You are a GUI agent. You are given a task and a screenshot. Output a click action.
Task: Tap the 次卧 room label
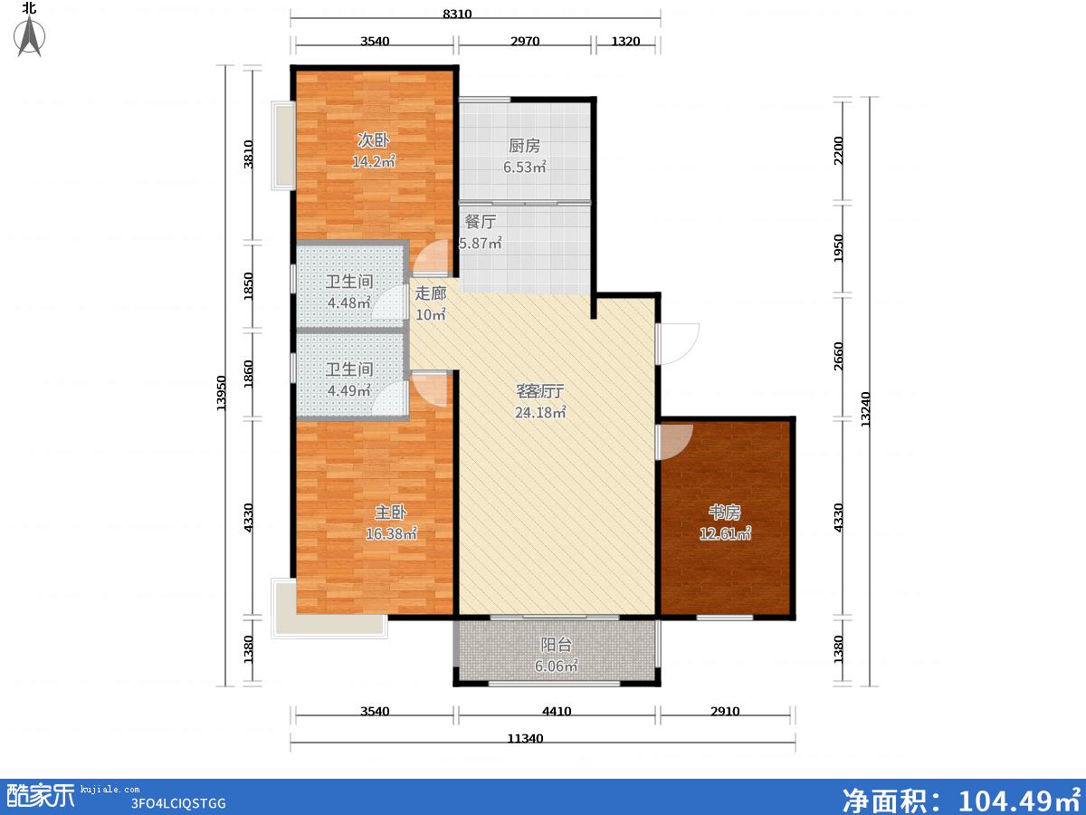point(374,140)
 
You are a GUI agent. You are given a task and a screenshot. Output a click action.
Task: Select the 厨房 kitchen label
point(524,146)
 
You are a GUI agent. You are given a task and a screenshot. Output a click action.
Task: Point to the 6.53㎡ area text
point(524,167)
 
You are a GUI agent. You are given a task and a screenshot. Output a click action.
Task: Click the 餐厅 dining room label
point(480,221)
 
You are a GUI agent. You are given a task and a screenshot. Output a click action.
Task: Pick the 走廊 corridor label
point(431,293)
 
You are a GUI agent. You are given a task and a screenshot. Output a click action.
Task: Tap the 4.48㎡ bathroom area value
point(349,302)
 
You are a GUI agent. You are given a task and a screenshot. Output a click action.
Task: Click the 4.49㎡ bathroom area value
point(349,390)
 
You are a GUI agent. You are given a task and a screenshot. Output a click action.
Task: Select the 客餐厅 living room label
point(540,391)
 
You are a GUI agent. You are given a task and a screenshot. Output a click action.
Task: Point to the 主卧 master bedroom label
point(391,513)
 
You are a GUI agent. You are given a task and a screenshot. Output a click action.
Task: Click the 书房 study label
point(725,513)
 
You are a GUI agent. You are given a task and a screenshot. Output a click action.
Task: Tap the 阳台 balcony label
point(556,645)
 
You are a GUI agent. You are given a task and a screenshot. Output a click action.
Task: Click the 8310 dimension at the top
point(457,14)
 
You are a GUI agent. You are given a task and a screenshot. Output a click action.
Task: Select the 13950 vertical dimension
point(221,393)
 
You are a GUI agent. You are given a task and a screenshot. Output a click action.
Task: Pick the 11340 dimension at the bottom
point(526,739)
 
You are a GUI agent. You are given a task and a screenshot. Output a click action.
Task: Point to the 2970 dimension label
point(525,41)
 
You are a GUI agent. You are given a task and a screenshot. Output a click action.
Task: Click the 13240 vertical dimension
point(865,409)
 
